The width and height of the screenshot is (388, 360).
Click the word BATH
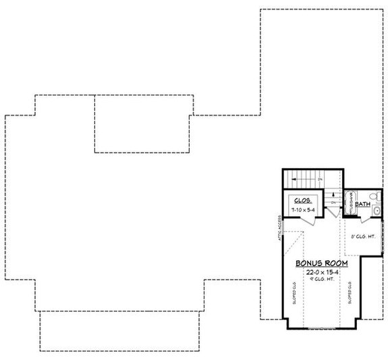point(362,203)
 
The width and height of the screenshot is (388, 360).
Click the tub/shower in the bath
point(348,203)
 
